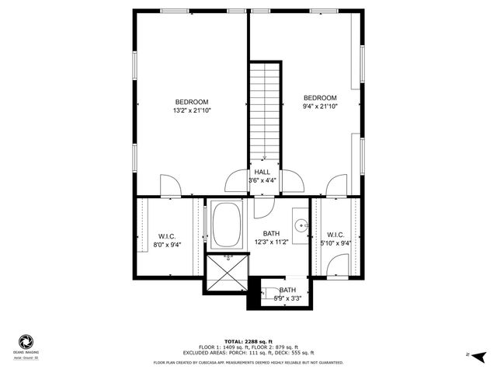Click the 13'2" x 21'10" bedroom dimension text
coord(191,111)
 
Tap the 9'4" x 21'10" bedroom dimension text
coord(320,106)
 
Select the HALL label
coord(262,172)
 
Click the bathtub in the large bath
coord(226,225)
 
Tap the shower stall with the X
coord(225,273)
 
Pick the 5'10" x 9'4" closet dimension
coord(335,242)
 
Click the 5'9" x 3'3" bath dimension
coord(287,298)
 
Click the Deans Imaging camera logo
coord(25,343)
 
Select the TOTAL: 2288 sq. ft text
coord(248,342)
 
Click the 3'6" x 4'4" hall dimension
coord(262,180)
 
